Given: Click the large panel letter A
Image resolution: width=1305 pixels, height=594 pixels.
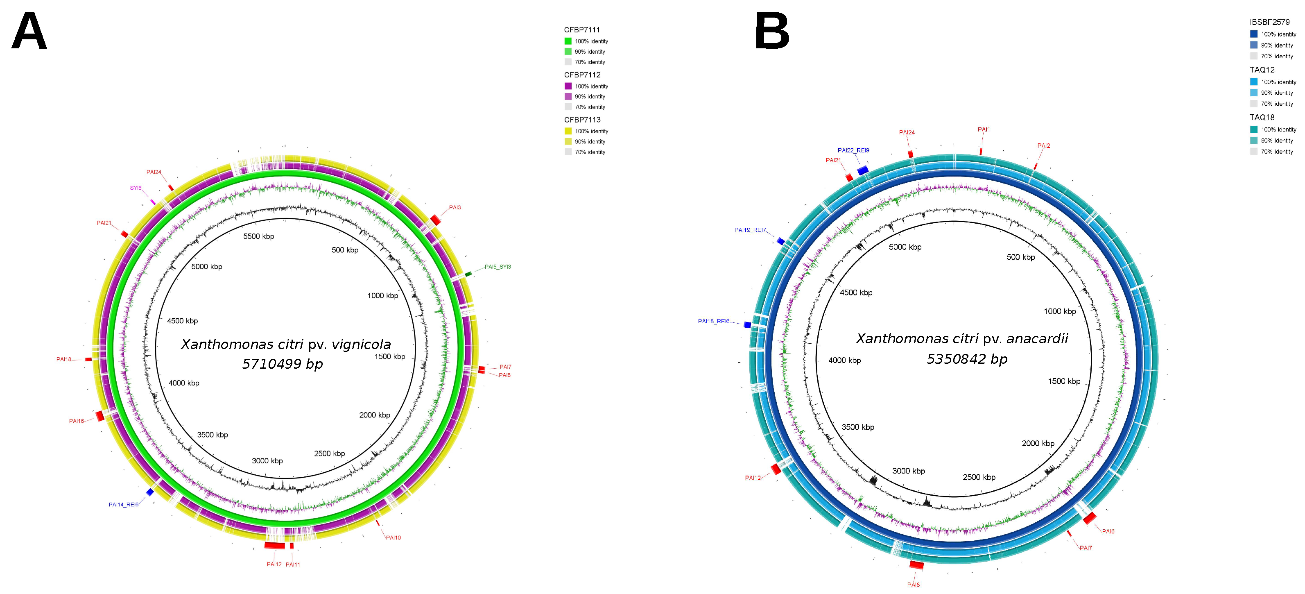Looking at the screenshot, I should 29,32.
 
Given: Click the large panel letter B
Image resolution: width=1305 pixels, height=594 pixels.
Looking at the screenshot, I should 772,32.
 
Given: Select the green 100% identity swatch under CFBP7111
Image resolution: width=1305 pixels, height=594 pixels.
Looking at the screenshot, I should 568,41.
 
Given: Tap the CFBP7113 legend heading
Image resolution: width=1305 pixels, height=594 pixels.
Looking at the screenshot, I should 582,120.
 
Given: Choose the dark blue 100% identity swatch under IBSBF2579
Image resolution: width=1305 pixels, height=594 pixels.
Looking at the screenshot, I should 1253,34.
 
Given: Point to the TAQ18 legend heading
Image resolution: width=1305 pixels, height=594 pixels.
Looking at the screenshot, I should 1262,117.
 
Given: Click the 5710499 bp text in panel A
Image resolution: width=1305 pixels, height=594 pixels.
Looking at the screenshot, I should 282,364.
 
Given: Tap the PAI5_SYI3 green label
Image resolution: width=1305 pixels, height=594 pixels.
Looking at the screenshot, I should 498,267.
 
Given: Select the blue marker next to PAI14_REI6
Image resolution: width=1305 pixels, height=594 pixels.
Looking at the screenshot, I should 150,492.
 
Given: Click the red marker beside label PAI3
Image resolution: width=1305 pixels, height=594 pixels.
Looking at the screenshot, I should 435,220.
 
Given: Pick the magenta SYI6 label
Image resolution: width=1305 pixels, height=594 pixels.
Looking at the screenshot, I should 135,188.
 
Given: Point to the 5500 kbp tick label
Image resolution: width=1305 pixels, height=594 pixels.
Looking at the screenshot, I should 258,236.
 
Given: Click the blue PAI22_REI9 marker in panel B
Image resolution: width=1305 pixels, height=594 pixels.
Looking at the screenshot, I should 862,170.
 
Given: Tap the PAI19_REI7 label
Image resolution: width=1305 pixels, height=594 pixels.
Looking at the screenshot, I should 750,230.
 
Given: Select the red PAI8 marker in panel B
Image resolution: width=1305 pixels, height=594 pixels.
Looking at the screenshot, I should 916,565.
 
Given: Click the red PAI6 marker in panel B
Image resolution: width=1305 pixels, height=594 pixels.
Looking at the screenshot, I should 1089,518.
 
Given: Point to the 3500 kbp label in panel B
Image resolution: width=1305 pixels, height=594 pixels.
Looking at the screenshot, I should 858,427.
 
